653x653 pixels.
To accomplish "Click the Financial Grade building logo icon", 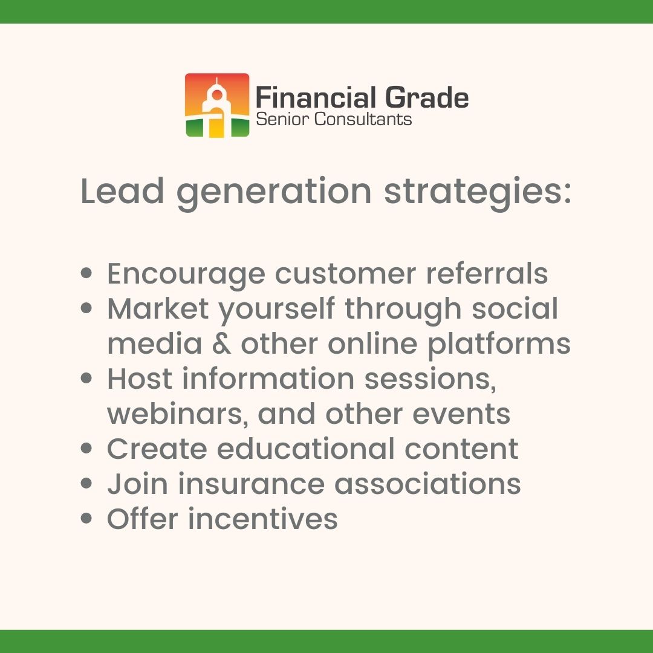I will click(216, 105).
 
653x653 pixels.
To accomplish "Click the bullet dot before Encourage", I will click(87, 274).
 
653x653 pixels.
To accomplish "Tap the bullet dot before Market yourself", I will click(87, 309).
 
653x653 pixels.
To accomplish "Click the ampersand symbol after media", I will click(221, 344).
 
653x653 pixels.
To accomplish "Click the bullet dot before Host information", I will click(87, 379).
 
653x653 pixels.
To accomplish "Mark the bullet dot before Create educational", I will click(87, 449).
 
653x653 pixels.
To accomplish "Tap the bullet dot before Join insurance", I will click(87, 484).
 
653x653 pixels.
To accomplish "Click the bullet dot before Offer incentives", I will click(87, 519).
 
